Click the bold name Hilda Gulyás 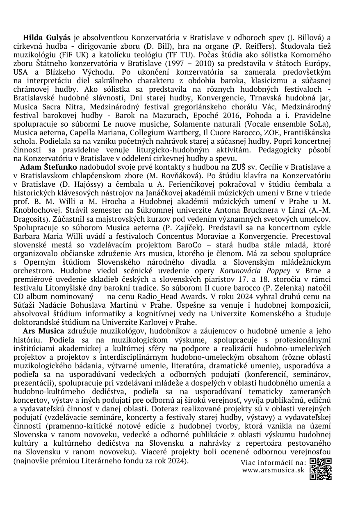47,38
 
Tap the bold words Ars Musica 43,331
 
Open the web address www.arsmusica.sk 273,470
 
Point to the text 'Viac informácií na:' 273,463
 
